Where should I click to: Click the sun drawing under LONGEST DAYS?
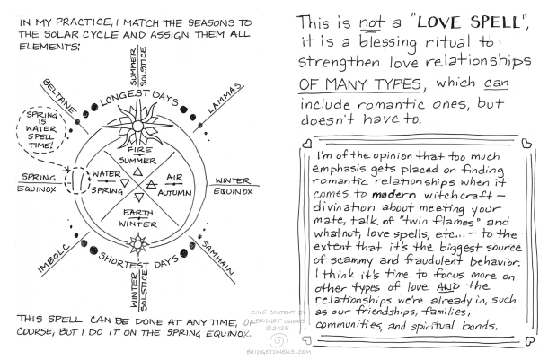[x=136, y=116]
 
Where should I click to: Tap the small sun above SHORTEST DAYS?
[x=137, y=241]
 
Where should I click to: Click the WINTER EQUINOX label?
[x=237, y=183]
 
